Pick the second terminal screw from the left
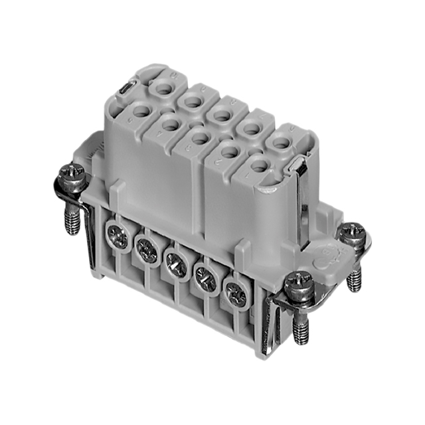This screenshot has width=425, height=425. coord(145,248)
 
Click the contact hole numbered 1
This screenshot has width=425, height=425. coord(260,166)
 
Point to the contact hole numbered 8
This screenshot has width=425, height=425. coord(220,112)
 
